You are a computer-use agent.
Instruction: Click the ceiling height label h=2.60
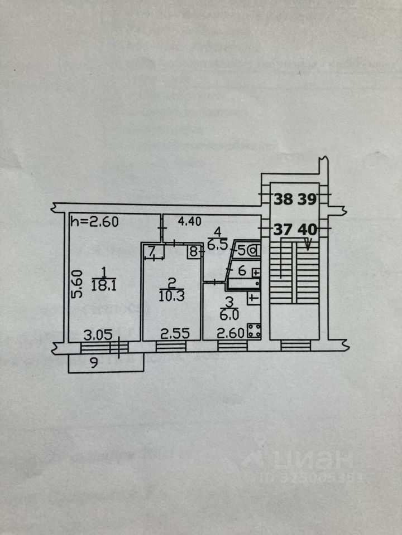pos(94,222)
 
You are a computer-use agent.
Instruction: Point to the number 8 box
pos(193,251)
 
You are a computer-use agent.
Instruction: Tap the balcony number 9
pos(94,364)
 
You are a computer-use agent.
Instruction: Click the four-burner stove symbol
pos(255,332)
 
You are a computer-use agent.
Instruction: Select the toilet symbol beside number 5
pos(253,251)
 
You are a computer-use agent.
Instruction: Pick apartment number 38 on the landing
pos(283,198)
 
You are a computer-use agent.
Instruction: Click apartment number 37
pos(283,228)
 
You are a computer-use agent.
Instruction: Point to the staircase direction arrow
pos(308,243)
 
